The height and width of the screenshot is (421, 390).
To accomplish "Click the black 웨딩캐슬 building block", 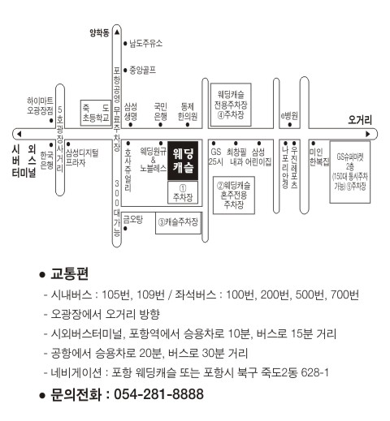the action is (x=183, y=161).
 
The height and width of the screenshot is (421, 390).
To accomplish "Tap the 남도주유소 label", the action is (x=145, y=43).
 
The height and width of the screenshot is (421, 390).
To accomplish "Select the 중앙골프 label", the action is (x=142, y=71).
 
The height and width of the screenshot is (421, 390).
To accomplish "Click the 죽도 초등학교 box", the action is (x=96, y=113).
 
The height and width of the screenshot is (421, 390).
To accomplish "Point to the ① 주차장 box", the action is (x=183, y=192).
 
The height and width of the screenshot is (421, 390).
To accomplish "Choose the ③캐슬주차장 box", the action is (x=179, y=223).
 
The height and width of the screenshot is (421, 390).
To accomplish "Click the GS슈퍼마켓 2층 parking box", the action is (x=349, y=172).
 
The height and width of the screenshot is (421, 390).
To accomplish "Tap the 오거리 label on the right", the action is (x=360, y=120).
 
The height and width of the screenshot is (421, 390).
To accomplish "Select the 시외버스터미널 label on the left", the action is (x=24, y=161).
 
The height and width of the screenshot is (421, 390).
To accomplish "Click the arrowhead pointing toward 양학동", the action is (x=117, y=32).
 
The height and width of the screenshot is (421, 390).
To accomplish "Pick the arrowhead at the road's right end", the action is (x=368, y=134).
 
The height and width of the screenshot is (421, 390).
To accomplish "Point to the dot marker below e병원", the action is (x=290, y=125).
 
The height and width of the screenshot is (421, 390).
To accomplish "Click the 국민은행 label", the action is (x=160, y=111).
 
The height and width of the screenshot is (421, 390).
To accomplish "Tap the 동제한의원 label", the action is (x=188, y=111).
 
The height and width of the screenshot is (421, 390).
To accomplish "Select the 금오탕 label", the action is (x=132, y=219).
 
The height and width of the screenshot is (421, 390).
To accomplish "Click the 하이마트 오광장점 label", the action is (x=40, y=105).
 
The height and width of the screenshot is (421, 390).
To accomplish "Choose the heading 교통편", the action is (x=69, y=274).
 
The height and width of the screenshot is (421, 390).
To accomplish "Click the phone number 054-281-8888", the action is (x=158, y=394).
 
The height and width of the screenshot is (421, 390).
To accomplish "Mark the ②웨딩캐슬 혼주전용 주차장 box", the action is (x=234, y=195).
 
